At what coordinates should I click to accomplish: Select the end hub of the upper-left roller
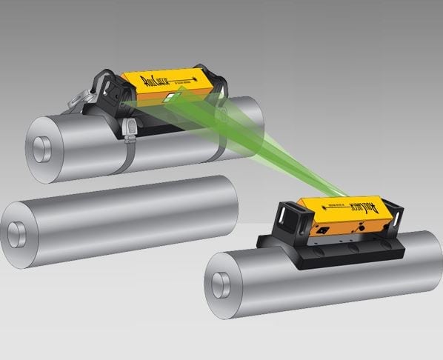[x=41, y=146]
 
